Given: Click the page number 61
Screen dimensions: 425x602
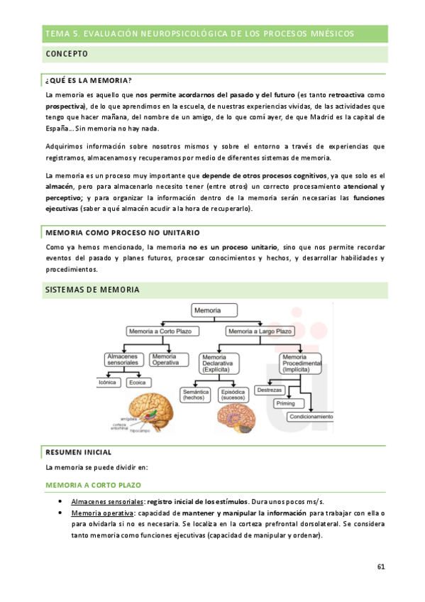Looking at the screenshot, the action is pyautogui.click(x=380, y=566).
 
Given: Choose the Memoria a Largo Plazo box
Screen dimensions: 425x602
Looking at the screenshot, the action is pyautogui.click(x=259, y=332).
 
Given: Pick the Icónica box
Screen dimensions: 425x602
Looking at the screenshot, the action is pyautogui.click(x=108, y=383).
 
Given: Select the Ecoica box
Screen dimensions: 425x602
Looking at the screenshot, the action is pyautogui.click(x=138, y=383).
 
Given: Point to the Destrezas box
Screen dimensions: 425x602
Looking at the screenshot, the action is pyautogui.click(x=270, y=390).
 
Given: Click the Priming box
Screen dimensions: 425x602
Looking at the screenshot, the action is pyautogui.click(x=285, y=403).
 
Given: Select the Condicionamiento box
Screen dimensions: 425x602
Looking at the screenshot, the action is pyautogui.click(x=310, y=417).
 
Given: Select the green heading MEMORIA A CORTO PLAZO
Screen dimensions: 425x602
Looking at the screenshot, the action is pyautogui.click(x=93, y=484).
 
